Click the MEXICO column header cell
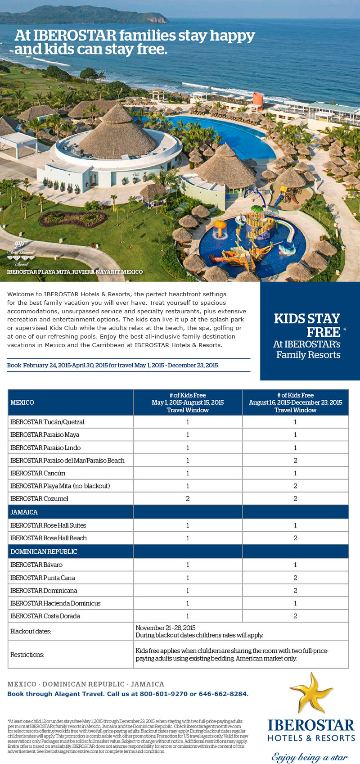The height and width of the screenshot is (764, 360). click(x=22, y=402)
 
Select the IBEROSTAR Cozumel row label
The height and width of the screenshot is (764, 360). click(x=40, y=499)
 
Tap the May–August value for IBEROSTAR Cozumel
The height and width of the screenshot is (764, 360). click(x=188, y=499)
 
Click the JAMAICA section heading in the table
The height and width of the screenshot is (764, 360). click(x=24, y=512)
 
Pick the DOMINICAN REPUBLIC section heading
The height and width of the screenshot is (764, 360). click(x=44, y=552)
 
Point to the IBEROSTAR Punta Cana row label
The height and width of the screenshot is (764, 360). click(x=43, y=578)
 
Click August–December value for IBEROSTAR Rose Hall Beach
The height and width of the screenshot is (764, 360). click(x=295, y=538)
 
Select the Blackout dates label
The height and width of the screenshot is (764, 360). click(x=31, y=632)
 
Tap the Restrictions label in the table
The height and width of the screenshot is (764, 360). click(x=27, y=655)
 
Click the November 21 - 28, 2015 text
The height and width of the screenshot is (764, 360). click(x=166, y=628)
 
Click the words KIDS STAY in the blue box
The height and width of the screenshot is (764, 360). click(x=307, y=319)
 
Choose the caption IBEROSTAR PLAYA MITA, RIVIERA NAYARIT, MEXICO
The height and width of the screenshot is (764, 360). click(x=75, y=272)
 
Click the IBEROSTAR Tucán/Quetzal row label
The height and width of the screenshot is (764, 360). click(x=47, y=422)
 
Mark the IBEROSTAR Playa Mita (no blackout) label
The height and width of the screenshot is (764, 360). click(x=60, y=486)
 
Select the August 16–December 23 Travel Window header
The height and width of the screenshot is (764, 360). click(x=295, y=402)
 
